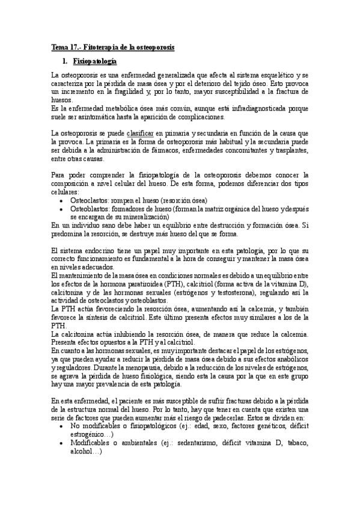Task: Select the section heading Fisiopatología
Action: [x=94, y=61]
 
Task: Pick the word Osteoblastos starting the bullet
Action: [x=91, y=209]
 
